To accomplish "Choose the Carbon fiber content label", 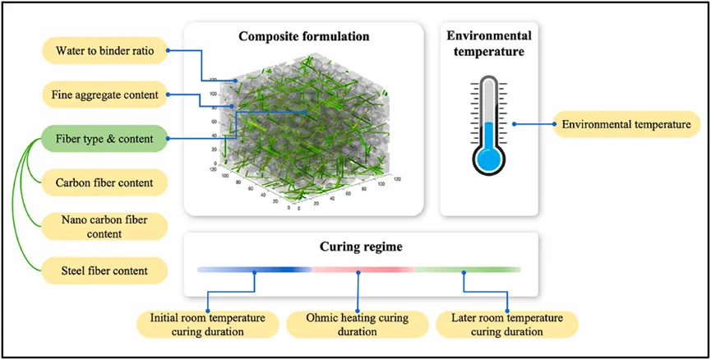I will click(x=102, y=182).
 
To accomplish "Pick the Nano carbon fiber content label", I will click(x=102, y=226).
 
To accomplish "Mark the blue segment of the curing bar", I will click(x=255, y=270).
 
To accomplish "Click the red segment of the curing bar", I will click(x=360, y=270).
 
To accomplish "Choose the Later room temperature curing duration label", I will click(x=509, y=324).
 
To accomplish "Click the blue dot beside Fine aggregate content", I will click(x=168, y=95).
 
